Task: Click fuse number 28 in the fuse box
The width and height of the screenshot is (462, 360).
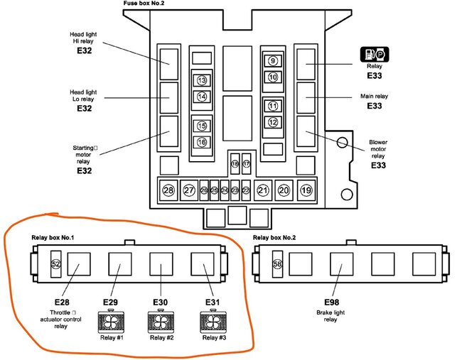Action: (168, 190)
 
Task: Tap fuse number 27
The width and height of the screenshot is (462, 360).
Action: (189, 190)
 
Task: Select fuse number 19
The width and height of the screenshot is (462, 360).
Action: (306, 190)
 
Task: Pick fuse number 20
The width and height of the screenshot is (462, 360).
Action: (284, 190)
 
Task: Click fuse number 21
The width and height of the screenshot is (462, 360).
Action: (263, 190)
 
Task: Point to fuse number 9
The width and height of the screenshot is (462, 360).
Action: (273, 62)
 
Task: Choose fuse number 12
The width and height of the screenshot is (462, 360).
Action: (273, 122)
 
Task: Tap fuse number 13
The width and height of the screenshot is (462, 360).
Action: (202, 80)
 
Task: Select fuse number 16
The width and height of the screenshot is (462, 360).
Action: (202, 142)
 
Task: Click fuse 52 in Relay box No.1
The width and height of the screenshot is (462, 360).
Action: (56, 263)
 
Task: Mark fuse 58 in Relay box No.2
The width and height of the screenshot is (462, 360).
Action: (279, 263)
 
